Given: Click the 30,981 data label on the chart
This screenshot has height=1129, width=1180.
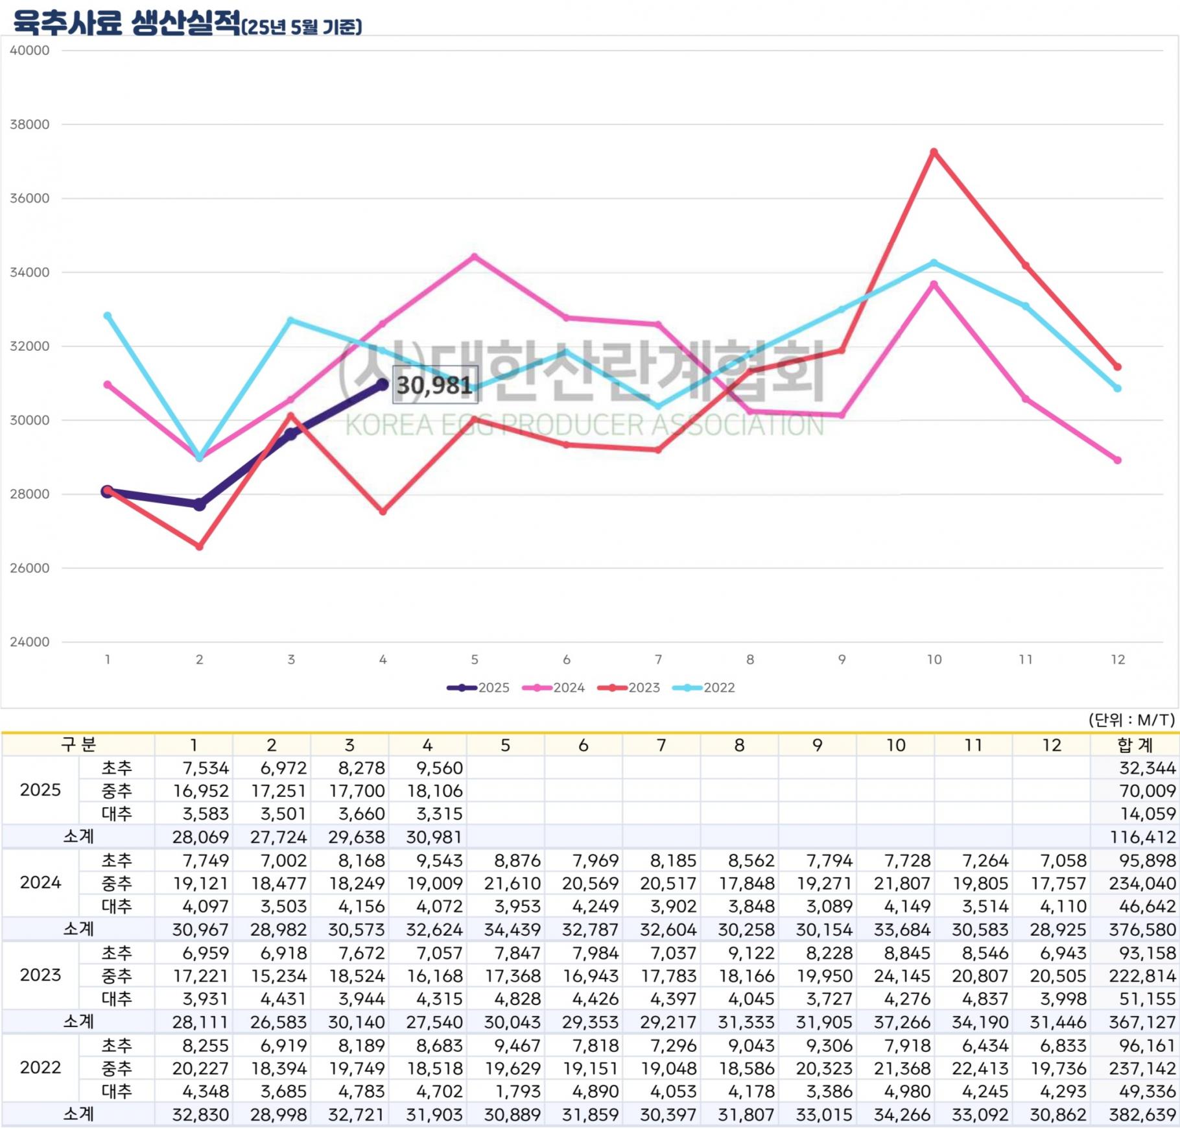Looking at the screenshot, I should tap(434, 385).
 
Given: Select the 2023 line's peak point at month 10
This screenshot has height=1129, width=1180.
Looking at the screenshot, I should tap(934, 152).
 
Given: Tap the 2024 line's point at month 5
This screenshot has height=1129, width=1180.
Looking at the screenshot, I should tap(475, 257).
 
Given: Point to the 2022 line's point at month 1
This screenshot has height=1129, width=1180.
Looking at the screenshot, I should tap(108, 316).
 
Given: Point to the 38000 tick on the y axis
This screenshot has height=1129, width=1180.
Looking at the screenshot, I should tap(30, 125).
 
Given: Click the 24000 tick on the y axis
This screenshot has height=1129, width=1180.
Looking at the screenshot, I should tap(30, 642).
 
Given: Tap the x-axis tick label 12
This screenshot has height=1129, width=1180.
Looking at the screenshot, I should tap(1117, 660).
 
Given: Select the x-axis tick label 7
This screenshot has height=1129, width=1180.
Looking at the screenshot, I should tap(658, 660).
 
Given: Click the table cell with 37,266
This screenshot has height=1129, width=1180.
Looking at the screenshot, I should tap(902, 1022).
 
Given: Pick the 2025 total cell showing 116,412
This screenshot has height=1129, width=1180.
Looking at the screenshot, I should tap(1142, 837).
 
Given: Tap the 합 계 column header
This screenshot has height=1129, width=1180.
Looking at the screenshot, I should tap(1135, 745).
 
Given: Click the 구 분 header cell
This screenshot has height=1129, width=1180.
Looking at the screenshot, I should tap(78, 744).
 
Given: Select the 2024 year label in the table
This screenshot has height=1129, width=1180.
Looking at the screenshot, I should tap(40, 883).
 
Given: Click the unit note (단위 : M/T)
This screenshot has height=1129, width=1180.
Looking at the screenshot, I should tap(1131, 720).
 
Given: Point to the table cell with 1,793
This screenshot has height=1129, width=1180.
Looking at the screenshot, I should tap(517, 1091).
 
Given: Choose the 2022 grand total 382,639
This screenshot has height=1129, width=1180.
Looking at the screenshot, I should tap(1142, 1115).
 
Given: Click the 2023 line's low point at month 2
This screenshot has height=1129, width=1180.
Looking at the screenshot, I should tap(200, 547).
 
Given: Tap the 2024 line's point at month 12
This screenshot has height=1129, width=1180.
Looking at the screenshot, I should tap(1117, 460).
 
